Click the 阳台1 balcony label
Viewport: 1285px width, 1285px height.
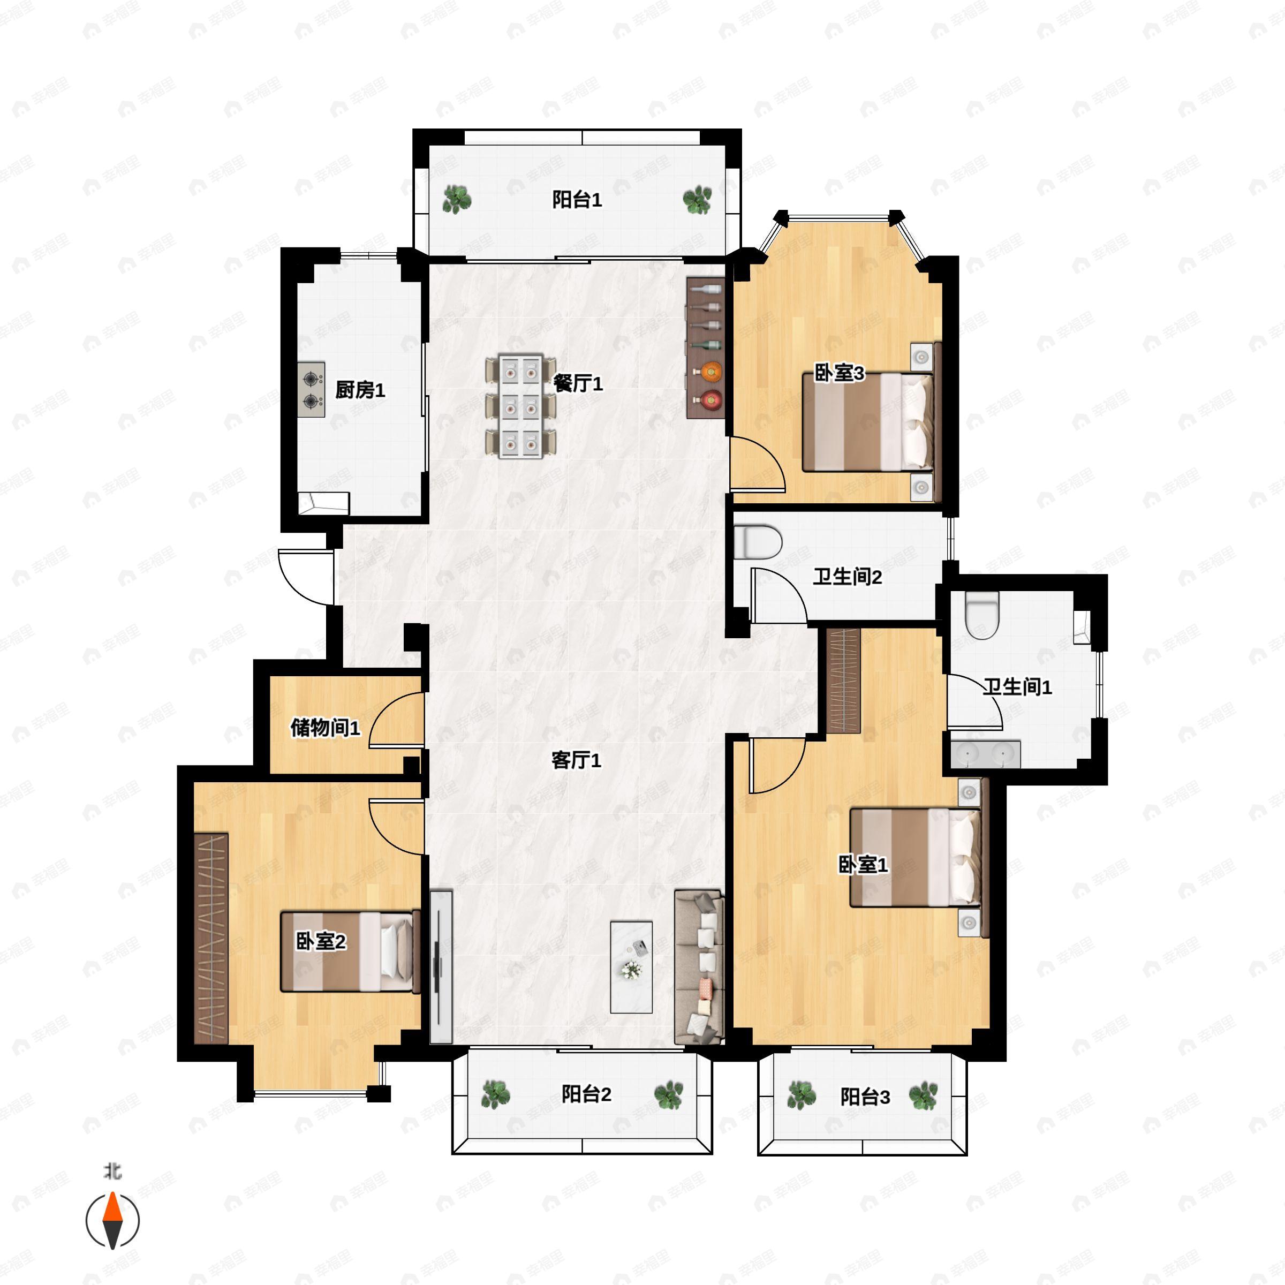(577, 200)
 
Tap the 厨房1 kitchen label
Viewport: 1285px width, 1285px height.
(360, 390)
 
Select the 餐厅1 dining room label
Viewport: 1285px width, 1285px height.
(578, 383)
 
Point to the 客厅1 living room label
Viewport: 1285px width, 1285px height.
(576, 760)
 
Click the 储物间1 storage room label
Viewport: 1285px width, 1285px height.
(325, 728)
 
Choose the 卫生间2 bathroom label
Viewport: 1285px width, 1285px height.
(848, 577)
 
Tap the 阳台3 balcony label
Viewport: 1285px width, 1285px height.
(865, 1097)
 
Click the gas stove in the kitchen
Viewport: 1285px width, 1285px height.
(311, 390)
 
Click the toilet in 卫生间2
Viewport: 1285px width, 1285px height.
(758, 542)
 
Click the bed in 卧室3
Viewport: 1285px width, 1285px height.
(868, 423)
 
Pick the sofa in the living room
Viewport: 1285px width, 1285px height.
(699, 967)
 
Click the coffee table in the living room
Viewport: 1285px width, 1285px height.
(631, 967)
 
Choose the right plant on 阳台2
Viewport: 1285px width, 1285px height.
(668, 1095)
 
